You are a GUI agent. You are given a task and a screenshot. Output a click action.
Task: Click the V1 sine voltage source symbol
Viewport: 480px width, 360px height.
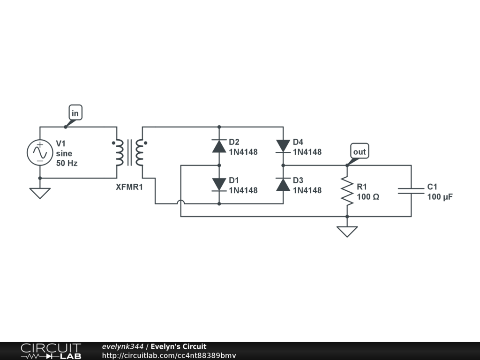[40, 153]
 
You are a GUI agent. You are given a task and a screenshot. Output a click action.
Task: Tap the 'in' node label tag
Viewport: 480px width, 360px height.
[75, 113]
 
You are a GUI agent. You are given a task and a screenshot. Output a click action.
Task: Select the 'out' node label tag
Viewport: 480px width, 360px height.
[360, 151]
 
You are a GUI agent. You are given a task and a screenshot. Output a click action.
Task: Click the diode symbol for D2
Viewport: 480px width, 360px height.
[219, 146]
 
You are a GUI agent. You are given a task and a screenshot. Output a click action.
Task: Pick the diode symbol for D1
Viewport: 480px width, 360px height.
[219, 184]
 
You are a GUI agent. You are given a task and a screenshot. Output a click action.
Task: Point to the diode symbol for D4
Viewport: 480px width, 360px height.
[283, 146]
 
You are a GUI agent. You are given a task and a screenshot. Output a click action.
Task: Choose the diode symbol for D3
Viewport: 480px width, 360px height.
[283, 184]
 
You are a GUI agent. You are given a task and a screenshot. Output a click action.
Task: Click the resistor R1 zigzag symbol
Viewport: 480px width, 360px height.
[347, 191]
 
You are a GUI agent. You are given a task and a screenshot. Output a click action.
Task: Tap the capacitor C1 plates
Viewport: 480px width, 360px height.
[411, 191]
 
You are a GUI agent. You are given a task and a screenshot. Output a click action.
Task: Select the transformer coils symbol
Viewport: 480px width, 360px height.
[129, 153]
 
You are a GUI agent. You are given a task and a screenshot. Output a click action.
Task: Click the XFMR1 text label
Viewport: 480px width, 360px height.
[129, 187]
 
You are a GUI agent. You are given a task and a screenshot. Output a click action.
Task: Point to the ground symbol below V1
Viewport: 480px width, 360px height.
[40, 192]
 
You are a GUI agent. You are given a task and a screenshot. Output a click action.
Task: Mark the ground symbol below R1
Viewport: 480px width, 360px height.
[347, 231]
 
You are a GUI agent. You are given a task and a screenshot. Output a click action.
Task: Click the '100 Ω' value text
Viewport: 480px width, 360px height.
[368, 197]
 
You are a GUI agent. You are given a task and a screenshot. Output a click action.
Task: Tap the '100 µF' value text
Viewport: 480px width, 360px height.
[440, 197]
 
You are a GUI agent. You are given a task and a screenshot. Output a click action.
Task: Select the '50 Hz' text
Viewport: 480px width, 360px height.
[67, 164]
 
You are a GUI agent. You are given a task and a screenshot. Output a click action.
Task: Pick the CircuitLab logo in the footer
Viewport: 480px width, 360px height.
[51, 351]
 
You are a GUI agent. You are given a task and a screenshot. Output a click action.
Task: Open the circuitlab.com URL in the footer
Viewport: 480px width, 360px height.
[169, 355]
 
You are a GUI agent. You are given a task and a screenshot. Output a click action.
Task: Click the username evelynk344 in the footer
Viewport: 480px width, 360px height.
[123, 347]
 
